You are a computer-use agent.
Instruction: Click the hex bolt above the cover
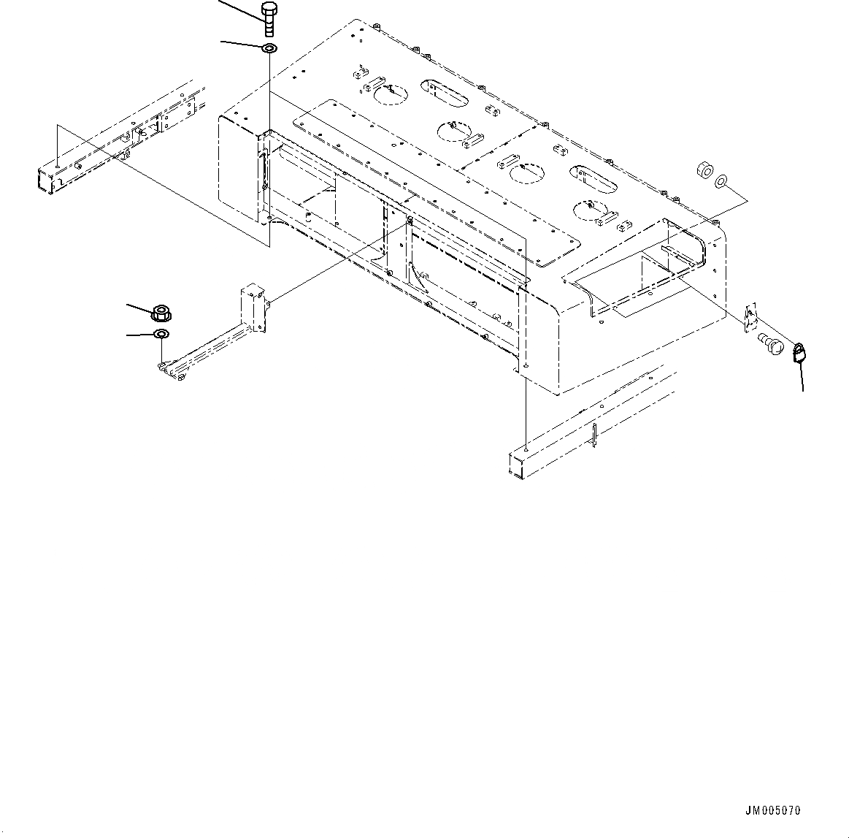pyautogui.click(x=269, y=20)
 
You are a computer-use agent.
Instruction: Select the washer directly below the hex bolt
pyautogui.click(x=269, y=49)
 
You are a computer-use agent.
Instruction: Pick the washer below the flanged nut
pyautogui.click(x=161, y=335)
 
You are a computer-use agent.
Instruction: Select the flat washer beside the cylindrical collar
pyautogui.click(x=721, y=180)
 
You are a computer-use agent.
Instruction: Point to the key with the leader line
pyautogui.click(x=799, y=354)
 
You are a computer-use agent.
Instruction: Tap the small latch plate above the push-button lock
pyautogui.click(x=750, y=318)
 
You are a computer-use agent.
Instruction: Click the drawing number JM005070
pyautogui.click(x=773, y=810)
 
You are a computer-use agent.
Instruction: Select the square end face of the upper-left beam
pyautogui.click(x=45, y=178)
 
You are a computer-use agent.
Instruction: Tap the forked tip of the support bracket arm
pyautogui.click(x=168, y=370)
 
